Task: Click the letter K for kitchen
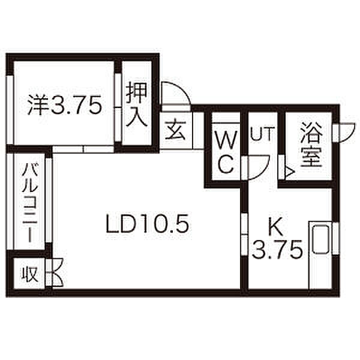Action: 275,226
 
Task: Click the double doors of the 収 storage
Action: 57,273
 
